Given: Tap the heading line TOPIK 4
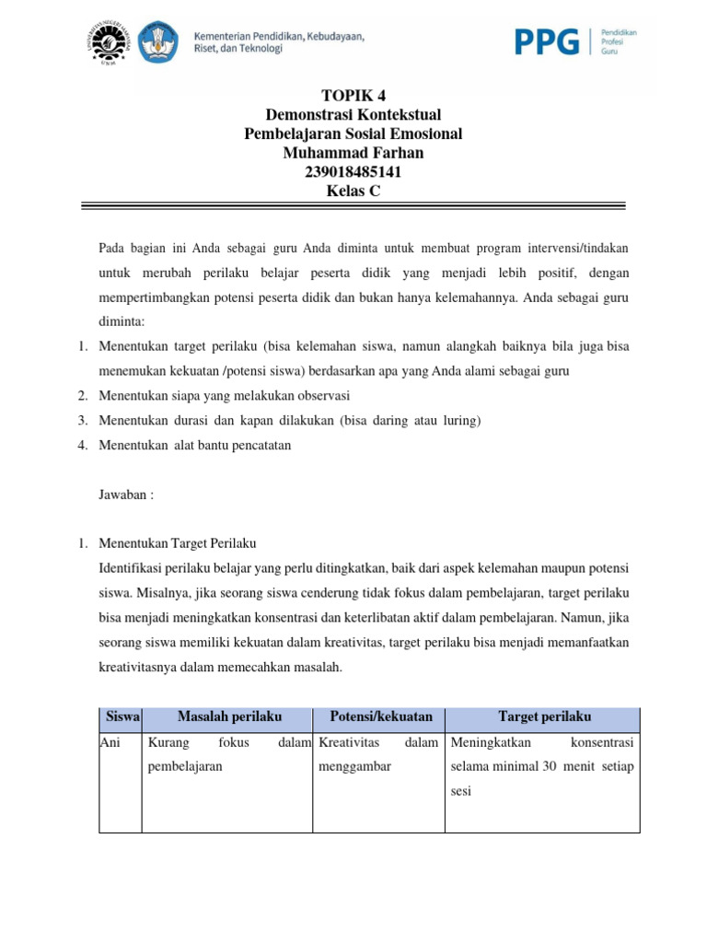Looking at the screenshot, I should (x=353, y=95).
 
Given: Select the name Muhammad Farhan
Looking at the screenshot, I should (x=353, y=153).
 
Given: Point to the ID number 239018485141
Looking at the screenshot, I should (x=353, y=172).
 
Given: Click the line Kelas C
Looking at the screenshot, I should (x=353, y=192).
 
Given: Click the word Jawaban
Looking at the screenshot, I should (x=125, y=494).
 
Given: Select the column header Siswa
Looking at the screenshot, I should (x=120, y=716).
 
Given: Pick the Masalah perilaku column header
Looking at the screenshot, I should (x=229, y=716).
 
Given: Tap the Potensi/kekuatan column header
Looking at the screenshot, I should (x=380, y=716).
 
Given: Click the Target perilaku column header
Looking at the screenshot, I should (x=544, y=716).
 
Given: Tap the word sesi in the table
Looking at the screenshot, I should (x=460, y=791).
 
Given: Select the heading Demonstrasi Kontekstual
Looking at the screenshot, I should (x=353, y=114).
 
